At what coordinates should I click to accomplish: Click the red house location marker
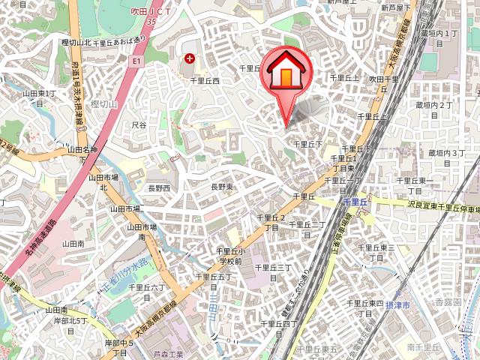click(285, 75)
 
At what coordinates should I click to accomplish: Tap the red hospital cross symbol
click(189, 58)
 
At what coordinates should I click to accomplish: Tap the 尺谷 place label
click(139, 124)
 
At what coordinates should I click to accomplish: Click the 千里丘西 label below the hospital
click(204, 80)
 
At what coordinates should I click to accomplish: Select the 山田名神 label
click(82, 150)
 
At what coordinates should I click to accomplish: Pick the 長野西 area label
click(158, 187)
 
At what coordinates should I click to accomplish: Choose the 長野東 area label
click(223, 186)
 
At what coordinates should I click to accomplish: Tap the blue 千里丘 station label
click(354, 202)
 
